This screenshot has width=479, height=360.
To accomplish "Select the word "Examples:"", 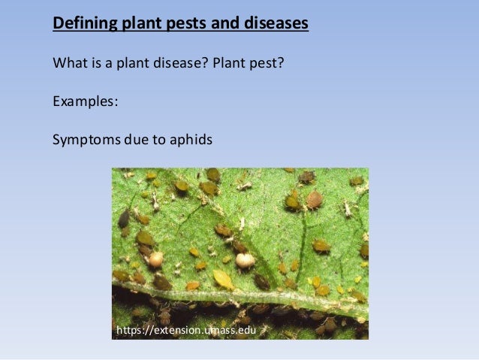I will coord(85,101).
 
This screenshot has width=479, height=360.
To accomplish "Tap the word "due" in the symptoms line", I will coord(134,140).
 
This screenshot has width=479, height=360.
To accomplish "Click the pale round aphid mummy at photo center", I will coord(245,260).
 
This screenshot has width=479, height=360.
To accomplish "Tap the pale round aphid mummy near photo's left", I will coord(155,259).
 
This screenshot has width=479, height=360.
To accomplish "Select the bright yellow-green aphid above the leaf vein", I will coord(222,279).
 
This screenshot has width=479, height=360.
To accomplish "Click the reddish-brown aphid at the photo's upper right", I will coord(314,199).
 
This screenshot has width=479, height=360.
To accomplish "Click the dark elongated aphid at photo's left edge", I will coord(123,219).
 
